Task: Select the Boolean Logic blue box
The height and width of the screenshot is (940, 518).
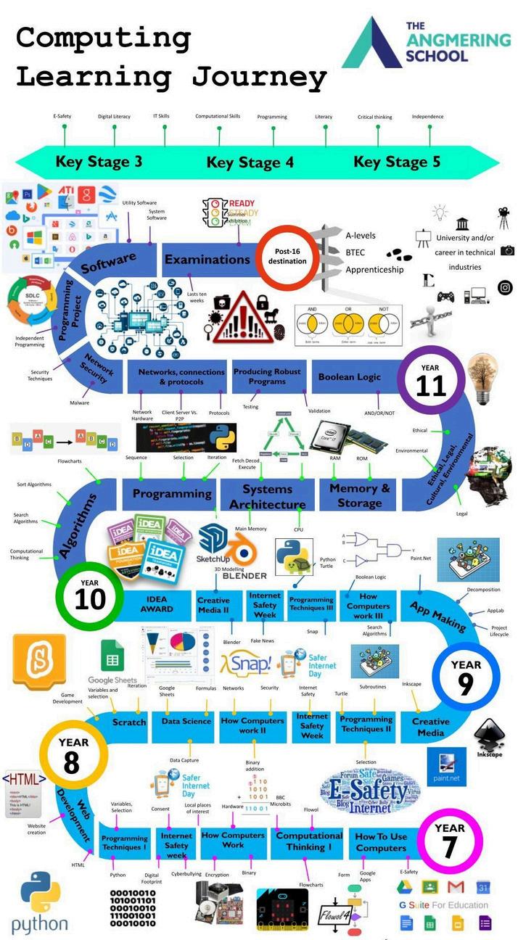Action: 350,377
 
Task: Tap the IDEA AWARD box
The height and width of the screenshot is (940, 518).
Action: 156,604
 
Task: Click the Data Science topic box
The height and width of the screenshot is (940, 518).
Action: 186,722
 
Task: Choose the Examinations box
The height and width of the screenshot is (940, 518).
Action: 207,260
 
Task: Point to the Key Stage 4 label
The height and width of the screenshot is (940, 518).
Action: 250,162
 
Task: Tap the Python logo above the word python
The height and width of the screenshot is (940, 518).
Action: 40,892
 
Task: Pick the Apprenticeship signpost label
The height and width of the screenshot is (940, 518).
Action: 374,269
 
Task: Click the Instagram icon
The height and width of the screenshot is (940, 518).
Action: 505,287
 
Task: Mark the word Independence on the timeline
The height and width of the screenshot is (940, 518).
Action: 427,117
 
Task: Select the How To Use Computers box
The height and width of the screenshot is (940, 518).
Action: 381,842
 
